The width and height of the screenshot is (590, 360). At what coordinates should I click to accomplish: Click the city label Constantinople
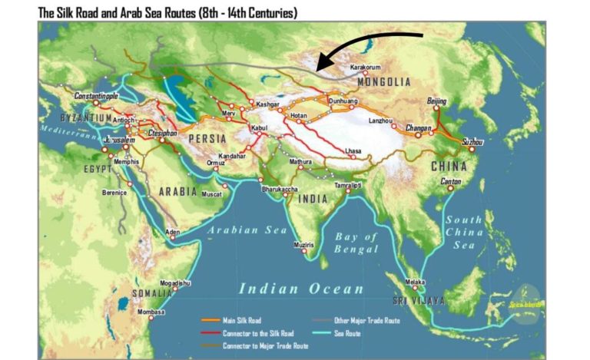click(x=96, y=96)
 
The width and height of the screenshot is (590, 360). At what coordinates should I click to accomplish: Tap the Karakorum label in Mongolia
click(x=365, y=68)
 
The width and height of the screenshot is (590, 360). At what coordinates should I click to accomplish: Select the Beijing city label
click(x=436, y=101)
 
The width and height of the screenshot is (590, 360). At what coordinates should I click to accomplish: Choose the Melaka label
click(x=415, y=282)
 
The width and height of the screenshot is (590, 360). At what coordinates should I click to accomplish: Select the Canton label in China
click(x=451, y=182)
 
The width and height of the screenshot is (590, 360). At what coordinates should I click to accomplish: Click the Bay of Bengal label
click(x=356, y=243)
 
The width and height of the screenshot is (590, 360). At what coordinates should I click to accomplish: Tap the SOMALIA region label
click(x=151, y=292)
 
